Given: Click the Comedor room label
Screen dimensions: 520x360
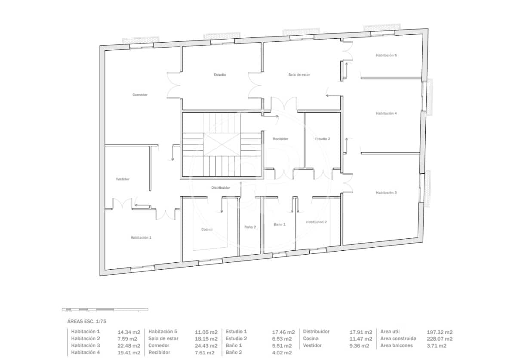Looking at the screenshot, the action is [140, 95].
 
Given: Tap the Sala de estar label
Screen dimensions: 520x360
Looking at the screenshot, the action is [299, 74].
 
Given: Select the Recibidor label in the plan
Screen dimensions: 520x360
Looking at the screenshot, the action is [280, 139].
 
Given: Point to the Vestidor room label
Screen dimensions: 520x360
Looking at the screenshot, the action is [123, 179].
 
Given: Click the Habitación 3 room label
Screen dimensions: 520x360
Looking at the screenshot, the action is [386, 193].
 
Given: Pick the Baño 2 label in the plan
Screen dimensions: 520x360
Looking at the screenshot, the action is [250, 227].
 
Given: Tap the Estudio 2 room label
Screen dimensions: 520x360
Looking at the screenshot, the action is [323, 139].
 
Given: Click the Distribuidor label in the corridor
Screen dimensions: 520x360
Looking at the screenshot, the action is [221, 188].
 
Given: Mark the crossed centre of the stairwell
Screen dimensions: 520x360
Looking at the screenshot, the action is [222, 145].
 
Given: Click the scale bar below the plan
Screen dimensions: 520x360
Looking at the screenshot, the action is [105, 309].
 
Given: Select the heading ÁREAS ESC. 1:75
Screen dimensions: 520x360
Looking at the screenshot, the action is [87, 321].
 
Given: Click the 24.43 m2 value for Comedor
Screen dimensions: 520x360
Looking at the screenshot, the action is [206, 346].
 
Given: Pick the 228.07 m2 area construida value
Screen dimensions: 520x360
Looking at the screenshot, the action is [440, 339].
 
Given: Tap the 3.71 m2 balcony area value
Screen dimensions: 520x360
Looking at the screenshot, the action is [437, 346].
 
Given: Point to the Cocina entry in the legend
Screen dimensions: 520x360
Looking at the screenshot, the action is [311, 338].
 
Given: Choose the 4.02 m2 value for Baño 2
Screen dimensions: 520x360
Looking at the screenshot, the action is [282, 353].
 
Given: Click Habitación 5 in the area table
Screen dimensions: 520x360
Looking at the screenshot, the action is [163, 332].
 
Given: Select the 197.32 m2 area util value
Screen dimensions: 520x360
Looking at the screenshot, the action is [440, 332].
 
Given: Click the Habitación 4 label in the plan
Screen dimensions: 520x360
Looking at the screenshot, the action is [386, 113].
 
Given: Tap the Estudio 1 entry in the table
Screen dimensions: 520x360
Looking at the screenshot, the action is [236, 332].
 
